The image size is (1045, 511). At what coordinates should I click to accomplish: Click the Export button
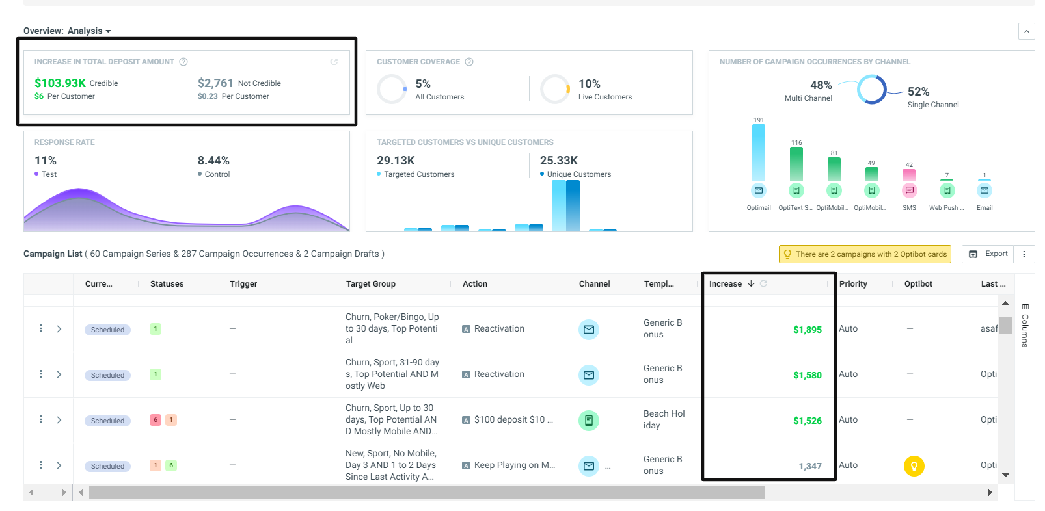click(988, 254)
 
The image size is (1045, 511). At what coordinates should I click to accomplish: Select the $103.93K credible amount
click(60, 83)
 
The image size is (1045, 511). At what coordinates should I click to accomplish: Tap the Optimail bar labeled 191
click(759, 153)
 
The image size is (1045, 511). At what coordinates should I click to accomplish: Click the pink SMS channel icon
click(909, 190)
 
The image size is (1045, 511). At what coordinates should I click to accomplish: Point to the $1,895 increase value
click(807, 330)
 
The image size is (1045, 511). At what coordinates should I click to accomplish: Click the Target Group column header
click(371, 284)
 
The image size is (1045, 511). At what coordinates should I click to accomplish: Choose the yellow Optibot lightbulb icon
click(914, 465)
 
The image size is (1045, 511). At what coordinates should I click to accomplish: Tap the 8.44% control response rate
click(213, 161)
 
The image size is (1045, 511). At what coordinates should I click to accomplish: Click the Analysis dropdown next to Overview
click(89, 31)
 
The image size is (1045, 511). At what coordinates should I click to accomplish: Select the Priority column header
click(853, 284)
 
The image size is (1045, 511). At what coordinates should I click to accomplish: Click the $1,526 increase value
click(807, 421)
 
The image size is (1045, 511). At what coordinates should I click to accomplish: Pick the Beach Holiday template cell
click(664, 419)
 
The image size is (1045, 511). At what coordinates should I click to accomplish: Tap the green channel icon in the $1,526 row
click(589, 421)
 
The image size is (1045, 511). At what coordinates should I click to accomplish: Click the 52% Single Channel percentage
click(918, 92)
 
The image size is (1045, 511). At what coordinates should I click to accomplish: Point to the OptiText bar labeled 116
click(796, 164)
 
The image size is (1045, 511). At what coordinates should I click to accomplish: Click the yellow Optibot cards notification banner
click(865, 254)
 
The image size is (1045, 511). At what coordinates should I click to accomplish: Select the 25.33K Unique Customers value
click(559, 161)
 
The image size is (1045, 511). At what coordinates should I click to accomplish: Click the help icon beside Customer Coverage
click(469, 62)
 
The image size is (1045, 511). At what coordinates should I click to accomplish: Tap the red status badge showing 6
click(156, 420)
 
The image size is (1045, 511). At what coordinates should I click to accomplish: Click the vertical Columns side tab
click(1024, 326)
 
